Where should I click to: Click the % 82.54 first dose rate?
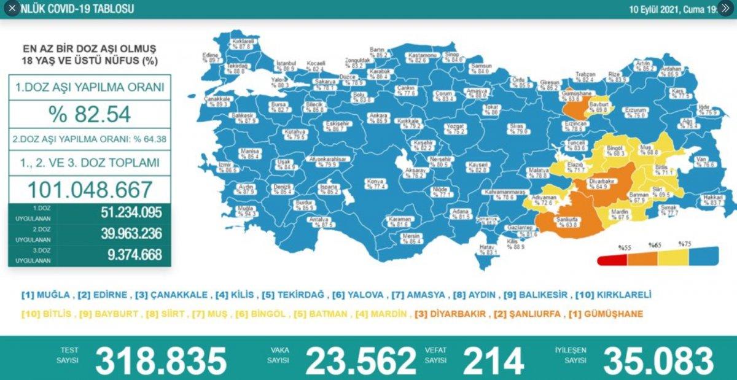[90, 114]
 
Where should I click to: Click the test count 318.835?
[161, 360]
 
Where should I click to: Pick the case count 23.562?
[361, 360]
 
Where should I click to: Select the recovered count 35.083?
[658, 360]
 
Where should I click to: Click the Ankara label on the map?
[377, 117]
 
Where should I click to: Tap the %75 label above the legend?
[685, 244]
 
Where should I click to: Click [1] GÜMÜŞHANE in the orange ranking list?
[610, 314]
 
